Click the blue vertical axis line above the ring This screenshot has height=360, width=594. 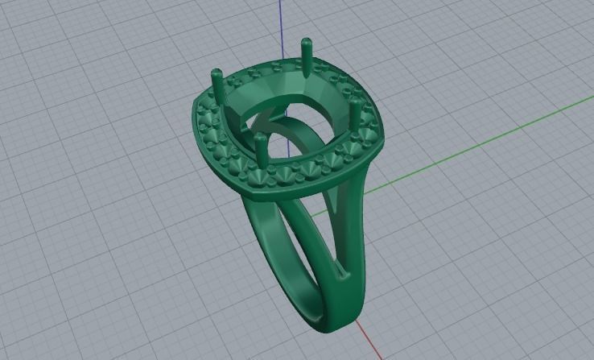[x=281, y=24]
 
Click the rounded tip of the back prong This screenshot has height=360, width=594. [x=306, y=41]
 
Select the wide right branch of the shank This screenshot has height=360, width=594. [x=354, y=217]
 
